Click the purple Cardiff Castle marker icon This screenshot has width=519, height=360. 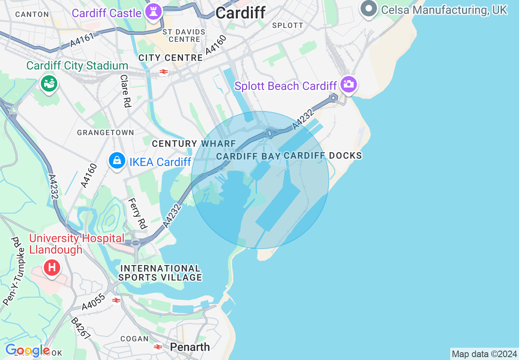click(154, 12)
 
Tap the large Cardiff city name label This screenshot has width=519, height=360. click(240, 13)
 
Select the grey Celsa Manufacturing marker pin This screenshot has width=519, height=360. click(369, 9)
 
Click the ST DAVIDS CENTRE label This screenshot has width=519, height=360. click(184, 36)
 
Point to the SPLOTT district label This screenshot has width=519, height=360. click(288, 25)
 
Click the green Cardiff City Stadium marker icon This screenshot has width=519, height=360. click(49, 83)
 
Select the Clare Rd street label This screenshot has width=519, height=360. click(125, 91)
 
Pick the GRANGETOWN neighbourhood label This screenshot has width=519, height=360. click(105, 133)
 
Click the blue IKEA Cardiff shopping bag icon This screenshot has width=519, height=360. click(117, 161)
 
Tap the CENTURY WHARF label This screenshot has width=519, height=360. click(194, 144)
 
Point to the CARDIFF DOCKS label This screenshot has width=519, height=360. click(323, 155)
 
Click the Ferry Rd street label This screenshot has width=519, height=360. click(138, 213)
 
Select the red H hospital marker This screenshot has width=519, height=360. click(52, 268)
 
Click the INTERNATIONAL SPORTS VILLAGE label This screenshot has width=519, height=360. click(160, 273)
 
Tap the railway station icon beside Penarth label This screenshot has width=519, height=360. click(158, 347)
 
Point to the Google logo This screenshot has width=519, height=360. click(27, 350)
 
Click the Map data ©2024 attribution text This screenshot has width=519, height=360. click(484, 354)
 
